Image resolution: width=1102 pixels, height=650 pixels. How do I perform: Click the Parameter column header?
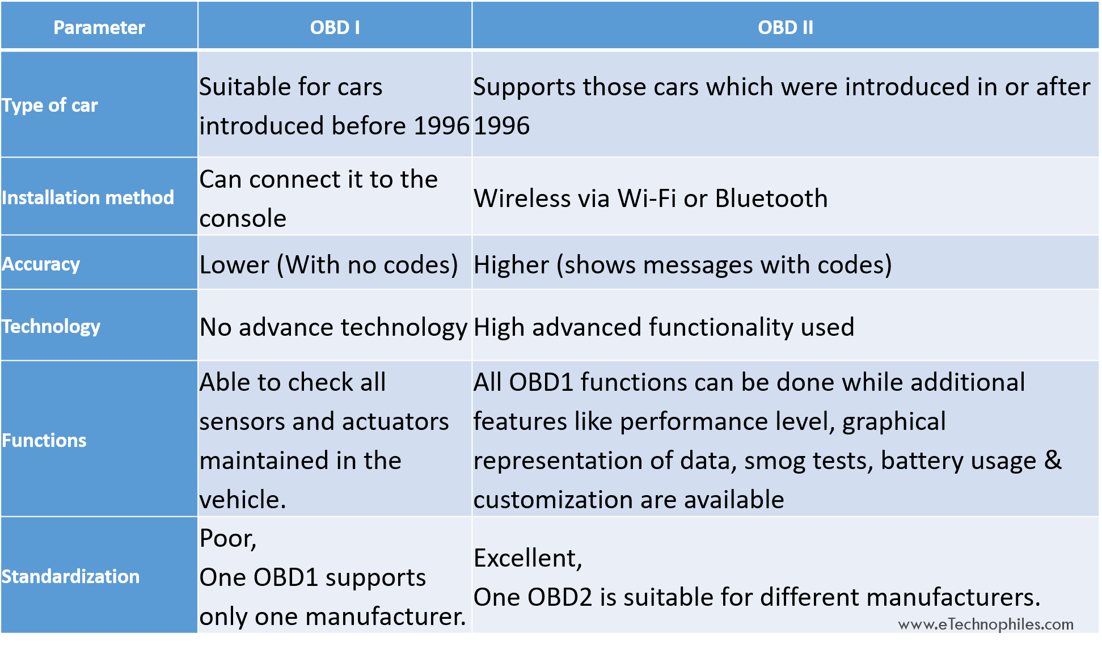click(x=99, y=27)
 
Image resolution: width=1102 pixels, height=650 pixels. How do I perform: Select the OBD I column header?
click(x=335, y=27)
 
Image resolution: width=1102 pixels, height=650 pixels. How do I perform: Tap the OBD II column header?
click(x=786, y=27)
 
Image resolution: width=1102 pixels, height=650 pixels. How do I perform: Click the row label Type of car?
click(x=50, y=105)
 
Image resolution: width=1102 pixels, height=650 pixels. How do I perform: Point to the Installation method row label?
click(x=88, y=197)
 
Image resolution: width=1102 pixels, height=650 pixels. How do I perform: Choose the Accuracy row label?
click(x=41, y=264)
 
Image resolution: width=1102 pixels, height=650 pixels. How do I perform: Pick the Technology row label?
click(x=51, y=327)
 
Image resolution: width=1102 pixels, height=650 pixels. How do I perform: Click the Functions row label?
click(x=44, y=441)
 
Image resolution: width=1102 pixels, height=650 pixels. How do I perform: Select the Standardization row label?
click(x=71, y=577)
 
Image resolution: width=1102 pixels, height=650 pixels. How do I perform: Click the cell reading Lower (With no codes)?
click(x=329, y=265)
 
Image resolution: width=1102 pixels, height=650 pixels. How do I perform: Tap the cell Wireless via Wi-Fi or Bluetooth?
click(x=651, y=199)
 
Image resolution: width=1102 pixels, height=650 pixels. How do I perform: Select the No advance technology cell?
click(x=333, y=328)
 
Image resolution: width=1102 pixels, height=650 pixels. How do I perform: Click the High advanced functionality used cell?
click(x=664, y=327)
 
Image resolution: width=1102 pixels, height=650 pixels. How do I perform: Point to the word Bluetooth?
click(x=771, y=199)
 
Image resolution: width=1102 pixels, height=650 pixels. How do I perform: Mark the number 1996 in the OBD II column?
click(x=501, y=126)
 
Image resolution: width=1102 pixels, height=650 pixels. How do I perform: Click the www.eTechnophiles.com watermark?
click(x=986, y=624)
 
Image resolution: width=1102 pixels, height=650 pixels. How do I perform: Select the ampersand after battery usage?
click(x=1053, y=460)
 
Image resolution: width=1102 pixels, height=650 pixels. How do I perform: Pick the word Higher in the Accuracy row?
click(x=511, y=265)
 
